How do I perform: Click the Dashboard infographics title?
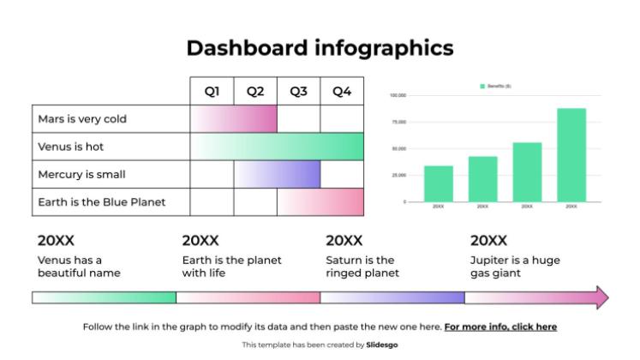pyautogui.click(x=320, y=48)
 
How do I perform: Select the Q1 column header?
pyautogui.click(x=212, y=92)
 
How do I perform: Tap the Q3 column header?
pyautogui.click(x=298, y=92)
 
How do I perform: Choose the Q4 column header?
pyautogui.click(x=342, y=92)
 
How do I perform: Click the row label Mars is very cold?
pyautogui.click(x=82, y=119)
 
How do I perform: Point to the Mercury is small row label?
pyautogui.click(x=81, y=174)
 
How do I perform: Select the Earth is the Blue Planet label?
pyautogui.click(x=101, y=202)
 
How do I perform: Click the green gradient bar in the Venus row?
pyautogui.click(x=277, y=147)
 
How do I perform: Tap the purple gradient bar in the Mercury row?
pyautogui.click(x=277, y=174)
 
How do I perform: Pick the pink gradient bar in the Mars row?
pyautogui.click(x=233, y=119)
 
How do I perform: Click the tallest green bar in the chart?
pyautogui.click(x=571, y=154)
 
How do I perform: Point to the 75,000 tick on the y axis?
pyautogui.click(x=398, y=123)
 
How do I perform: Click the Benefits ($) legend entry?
pyautogui.click(x=494, y=87)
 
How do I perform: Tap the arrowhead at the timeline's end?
pyautogui.click(x=601, y=297)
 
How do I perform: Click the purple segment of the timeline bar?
pyautogui.click(x=392, y=297)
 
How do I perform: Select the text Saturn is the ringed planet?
pyautogui.click(x=362, y=267)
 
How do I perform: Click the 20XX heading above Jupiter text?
pyautogui.click(x=488, y=241)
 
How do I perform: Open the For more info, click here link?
pyautogui.click(x=500, y=327)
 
